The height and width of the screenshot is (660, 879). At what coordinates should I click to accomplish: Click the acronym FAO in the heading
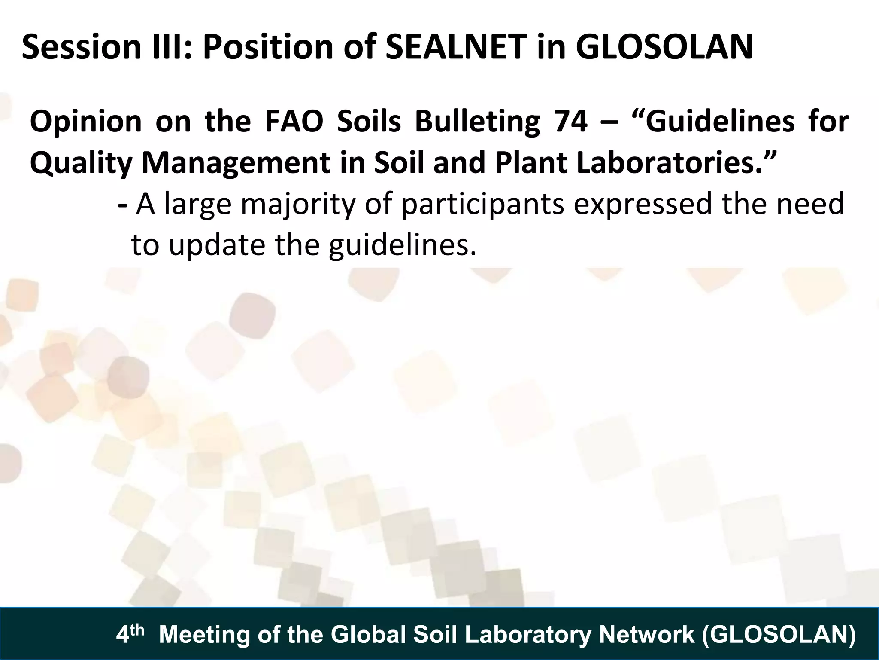point(294,122)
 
